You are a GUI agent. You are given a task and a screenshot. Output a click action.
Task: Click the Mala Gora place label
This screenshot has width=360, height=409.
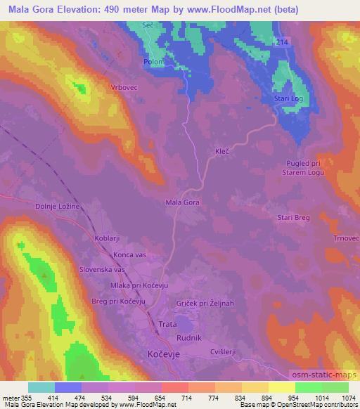coord(182,202)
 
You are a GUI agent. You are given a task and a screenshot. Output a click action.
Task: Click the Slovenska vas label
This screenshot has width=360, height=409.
coord(102,269)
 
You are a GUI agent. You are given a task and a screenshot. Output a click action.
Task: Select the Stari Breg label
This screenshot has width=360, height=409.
coord(294,218)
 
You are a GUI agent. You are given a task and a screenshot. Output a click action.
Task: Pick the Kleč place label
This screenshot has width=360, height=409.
coord(224,150)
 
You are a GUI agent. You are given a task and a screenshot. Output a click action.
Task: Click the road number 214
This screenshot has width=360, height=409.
coord(281,43)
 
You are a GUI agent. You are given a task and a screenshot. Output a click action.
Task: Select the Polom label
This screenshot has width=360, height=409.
coord(153,61)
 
